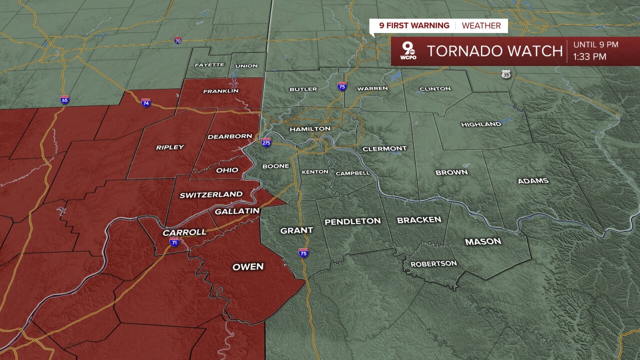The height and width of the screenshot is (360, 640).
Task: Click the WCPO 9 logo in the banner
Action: (x=408, y=51)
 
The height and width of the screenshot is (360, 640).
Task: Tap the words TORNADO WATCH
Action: (x=494, y=51)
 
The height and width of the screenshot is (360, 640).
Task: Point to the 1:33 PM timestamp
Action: (x=589, y=57)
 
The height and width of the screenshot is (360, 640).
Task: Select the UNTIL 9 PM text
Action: (x=595, y=44)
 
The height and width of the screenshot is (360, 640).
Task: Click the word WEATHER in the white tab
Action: (x=481, y=25)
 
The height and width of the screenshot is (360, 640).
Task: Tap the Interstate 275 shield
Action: (x=266, y=142)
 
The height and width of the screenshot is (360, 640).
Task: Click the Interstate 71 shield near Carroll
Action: (x=174, y=242)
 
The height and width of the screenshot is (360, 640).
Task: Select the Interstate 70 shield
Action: (x=178, y=40)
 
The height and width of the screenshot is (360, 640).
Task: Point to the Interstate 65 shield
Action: (x=64, y=99)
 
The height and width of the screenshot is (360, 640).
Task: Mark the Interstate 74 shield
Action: (x=146, y=102)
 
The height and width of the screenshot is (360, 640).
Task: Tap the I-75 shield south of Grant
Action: (x=303, y=253)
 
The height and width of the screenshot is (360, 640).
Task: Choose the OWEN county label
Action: (x=248, y=267)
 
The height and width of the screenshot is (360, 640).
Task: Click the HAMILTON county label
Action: (x=310, y=129)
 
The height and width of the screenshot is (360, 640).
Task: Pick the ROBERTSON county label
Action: (x=433, y=263)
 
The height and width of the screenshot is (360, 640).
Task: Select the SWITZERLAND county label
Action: (x=211, y=194)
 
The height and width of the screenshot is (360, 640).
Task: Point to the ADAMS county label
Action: (x=533, y=181)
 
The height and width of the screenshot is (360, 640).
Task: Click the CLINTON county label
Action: (x=435, y=89)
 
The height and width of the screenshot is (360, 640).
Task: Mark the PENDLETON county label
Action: (x=352, y=221)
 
